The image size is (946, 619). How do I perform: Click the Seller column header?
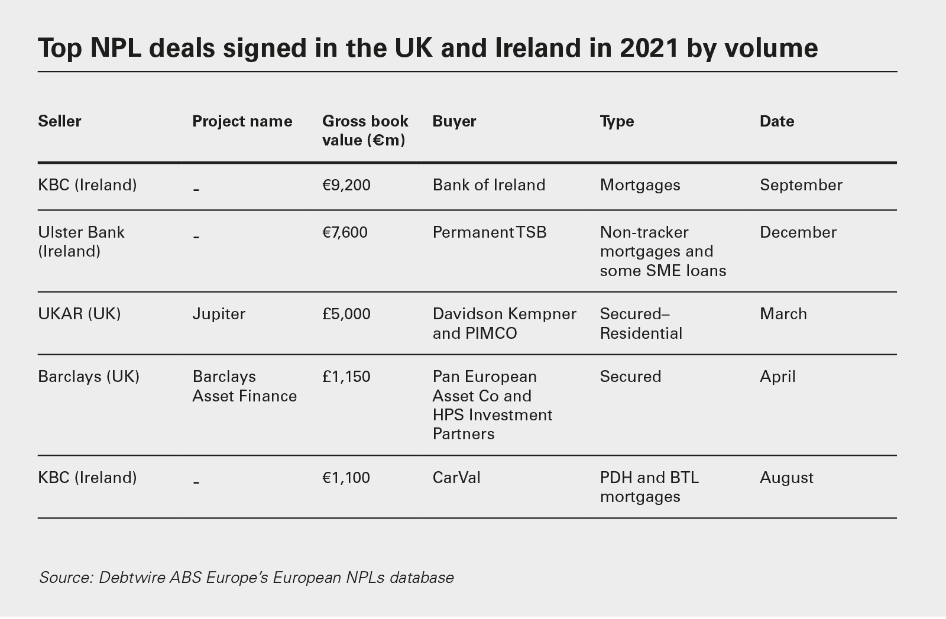coord(60,121)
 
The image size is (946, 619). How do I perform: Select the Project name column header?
coord(242,121)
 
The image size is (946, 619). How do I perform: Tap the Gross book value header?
coord(365,131)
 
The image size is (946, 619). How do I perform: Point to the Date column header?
coord(776,121)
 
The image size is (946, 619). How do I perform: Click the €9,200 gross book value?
coord(346,185)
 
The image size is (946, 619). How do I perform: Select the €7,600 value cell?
coord(345,232)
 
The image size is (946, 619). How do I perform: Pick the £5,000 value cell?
coord(346,314)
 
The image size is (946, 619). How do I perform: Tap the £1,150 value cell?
coord(346,377)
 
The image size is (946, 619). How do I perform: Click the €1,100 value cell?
coord(346,478)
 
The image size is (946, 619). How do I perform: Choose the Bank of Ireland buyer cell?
coord(489,185)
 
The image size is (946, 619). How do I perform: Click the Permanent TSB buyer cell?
coord(490,232)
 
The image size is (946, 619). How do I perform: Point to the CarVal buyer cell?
coord(456,478)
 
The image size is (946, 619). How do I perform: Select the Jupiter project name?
coord(219,314)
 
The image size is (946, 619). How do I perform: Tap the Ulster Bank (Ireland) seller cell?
coord(81,242)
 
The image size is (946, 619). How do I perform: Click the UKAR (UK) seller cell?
coord(79,314)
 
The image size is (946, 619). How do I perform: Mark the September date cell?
coord(801,185)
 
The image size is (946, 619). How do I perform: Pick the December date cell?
coord(798,232)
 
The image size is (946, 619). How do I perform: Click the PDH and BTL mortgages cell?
coord(649,487)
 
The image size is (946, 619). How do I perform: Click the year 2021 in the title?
coord(649,47)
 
